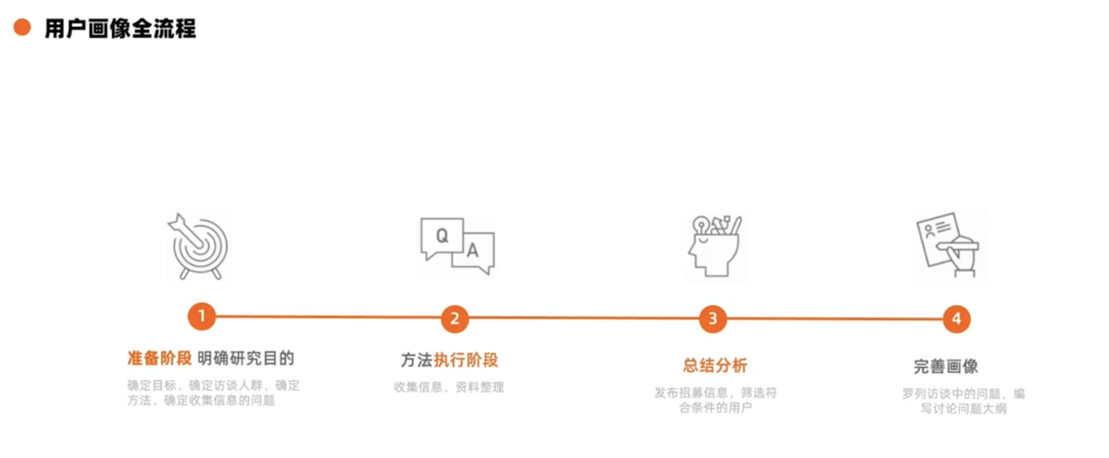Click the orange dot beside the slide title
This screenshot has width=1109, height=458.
tap(22, 27)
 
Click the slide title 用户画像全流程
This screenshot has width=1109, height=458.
tap(120, 29)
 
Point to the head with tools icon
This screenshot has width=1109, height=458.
tap(715, 247)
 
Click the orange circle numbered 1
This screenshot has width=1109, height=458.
tap(202, 317)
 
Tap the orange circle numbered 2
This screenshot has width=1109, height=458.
tap(454, 319)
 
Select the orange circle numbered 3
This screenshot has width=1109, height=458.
tap(712, 319)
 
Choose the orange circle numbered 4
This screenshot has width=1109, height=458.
tap(956, 319)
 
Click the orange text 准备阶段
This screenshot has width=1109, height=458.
tap(159, 358)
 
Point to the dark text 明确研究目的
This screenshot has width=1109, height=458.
tap(246, 358)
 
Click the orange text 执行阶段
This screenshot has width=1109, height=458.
tap(466, 360)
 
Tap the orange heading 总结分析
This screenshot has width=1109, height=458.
tap(715, 366)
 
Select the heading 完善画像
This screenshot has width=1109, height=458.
tap(945, 367)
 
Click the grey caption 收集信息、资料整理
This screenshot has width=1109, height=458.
tap(448, 387)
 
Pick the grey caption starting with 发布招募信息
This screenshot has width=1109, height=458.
tap(715, 400)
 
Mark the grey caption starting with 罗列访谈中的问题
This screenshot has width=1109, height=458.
tap(963, 401)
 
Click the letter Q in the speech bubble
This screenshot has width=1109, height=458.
tap(442, 236)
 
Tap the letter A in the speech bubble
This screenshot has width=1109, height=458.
tap(473, 251)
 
